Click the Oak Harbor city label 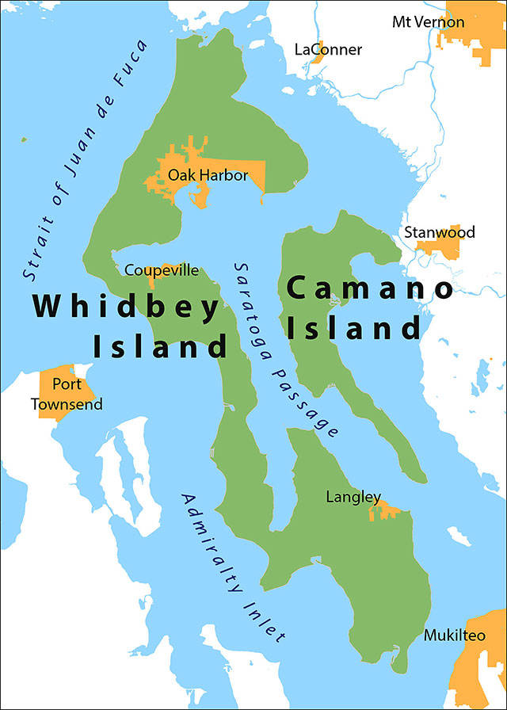pos(208,175)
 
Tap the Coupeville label pos(162,271)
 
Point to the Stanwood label pos(440,232)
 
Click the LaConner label pos(328,50)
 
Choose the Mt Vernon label pos(428,21)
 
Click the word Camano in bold pos(371,289)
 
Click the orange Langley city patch pos(386,511)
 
